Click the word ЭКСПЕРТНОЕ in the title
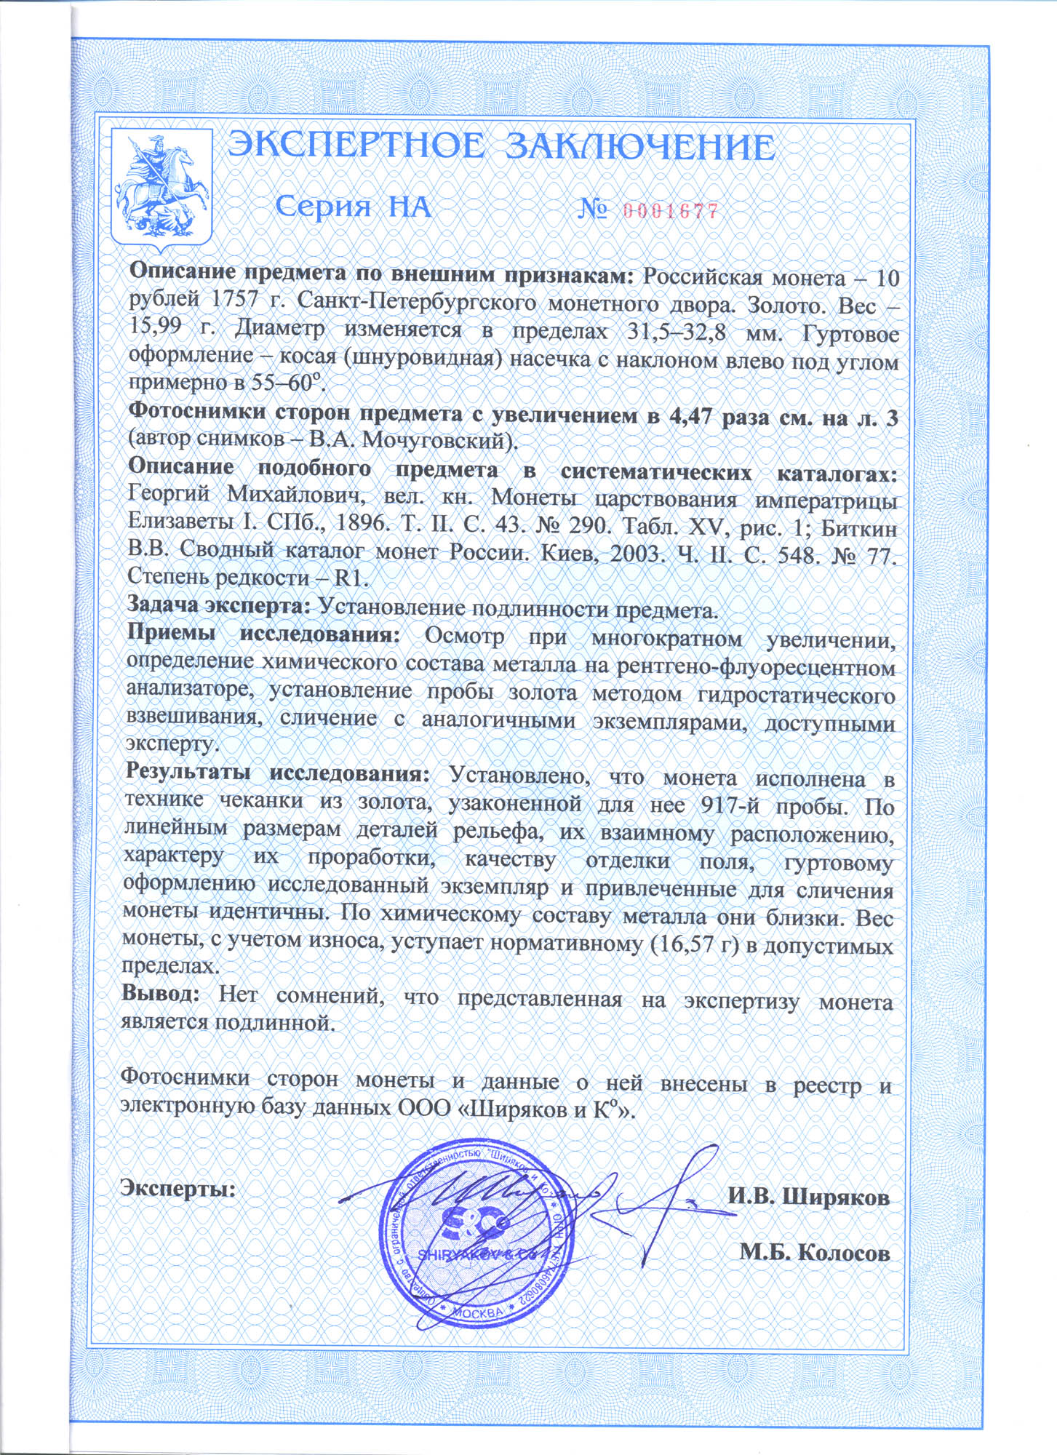(x=354, y=146)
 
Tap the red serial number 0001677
(x=671, y=212)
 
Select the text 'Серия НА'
(x=354, y=208)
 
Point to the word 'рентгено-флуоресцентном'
(x=755, y=665)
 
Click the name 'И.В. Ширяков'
(x=808, y=1197)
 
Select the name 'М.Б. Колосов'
(x=815, y=1251)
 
